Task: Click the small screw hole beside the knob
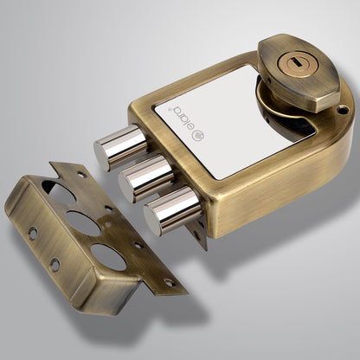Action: [344, 110]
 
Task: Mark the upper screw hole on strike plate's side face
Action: [32, 233]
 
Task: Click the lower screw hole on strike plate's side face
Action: [54, 265]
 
